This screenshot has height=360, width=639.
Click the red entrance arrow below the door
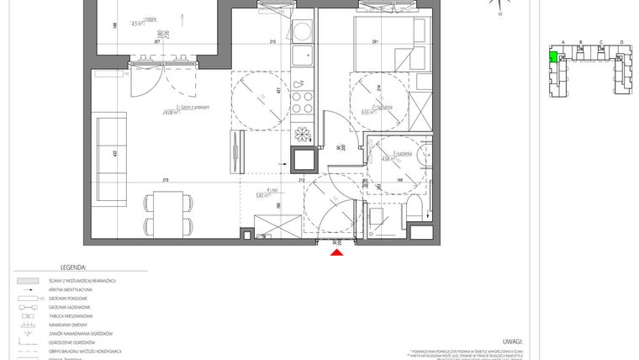pyautogui.click(x=336, y=252)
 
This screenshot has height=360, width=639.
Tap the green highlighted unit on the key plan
pyautogui.click(x=552, y=57)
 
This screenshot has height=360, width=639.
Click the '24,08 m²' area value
pyautogui.click(x=173, y=112)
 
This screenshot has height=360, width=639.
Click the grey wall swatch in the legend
pyautogui.click(x=28, y=279)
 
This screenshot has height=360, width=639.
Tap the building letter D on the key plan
pyautogui.click(x=621, y=41)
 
